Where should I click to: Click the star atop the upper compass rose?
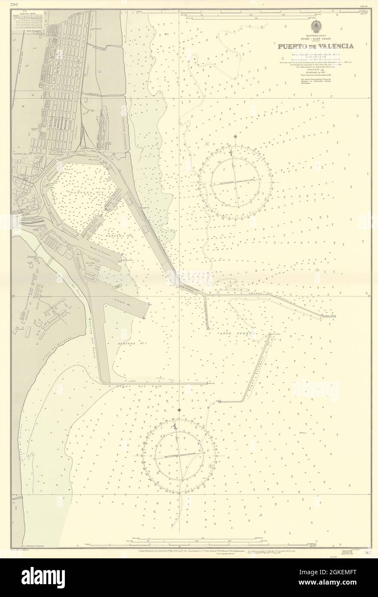click(x=235, y=137)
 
